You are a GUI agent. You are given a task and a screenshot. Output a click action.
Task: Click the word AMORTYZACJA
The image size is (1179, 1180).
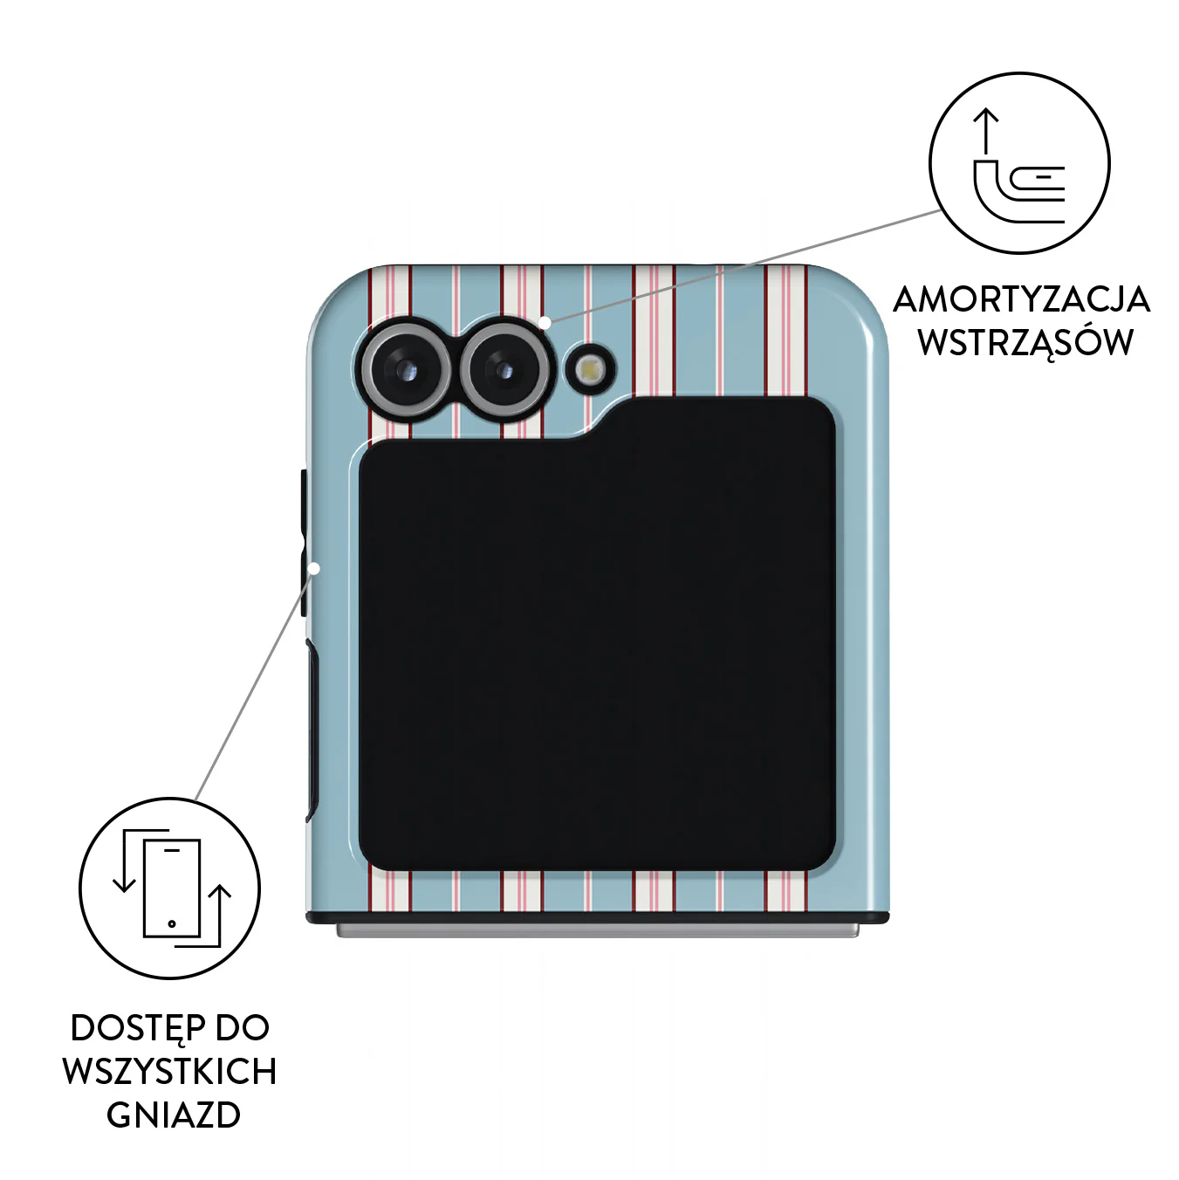click(1021, 300)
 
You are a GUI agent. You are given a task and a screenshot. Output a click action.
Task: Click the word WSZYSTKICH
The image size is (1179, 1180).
click(169, 1074)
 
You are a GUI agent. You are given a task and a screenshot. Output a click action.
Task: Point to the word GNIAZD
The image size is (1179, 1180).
click(174, 1116)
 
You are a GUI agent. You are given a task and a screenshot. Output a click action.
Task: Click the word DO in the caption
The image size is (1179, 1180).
click(243, 1029)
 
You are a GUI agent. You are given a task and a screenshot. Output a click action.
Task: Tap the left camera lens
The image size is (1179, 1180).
click(404, 370)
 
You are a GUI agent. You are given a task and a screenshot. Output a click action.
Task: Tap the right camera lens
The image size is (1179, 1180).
click(504, 370)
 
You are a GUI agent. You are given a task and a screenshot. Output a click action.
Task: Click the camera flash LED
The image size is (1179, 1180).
click(591, 370)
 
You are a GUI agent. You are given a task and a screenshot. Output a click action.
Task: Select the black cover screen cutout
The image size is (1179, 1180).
click(597, 633)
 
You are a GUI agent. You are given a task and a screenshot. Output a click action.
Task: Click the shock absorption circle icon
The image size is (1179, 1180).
click(1020, 163)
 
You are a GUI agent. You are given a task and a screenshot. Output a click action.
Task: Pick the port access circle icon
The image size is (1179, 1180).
click(169, 888)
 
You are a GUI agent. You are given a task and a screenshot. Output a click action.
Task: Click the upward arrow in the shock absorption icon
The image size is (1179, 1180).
click(986, 132)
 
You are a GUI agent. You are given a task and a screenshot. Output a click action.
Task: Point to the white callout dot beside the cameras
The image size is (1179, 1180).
click(545, 322)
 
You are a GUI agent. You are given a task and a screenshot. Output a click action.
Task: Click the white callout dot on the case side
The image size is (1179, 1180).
click(314, 568)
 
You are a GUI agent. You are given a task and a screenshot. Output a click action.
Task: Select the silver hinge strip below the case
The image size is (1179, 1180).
click(597, 931)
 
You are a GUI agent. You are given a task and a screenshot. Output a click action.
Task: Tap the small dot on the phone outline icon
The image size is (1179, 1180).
click(172, 923)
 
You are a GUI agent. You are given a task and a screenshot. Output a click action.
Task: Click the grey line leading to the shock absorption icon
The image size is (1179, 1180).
click(744, 265)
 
